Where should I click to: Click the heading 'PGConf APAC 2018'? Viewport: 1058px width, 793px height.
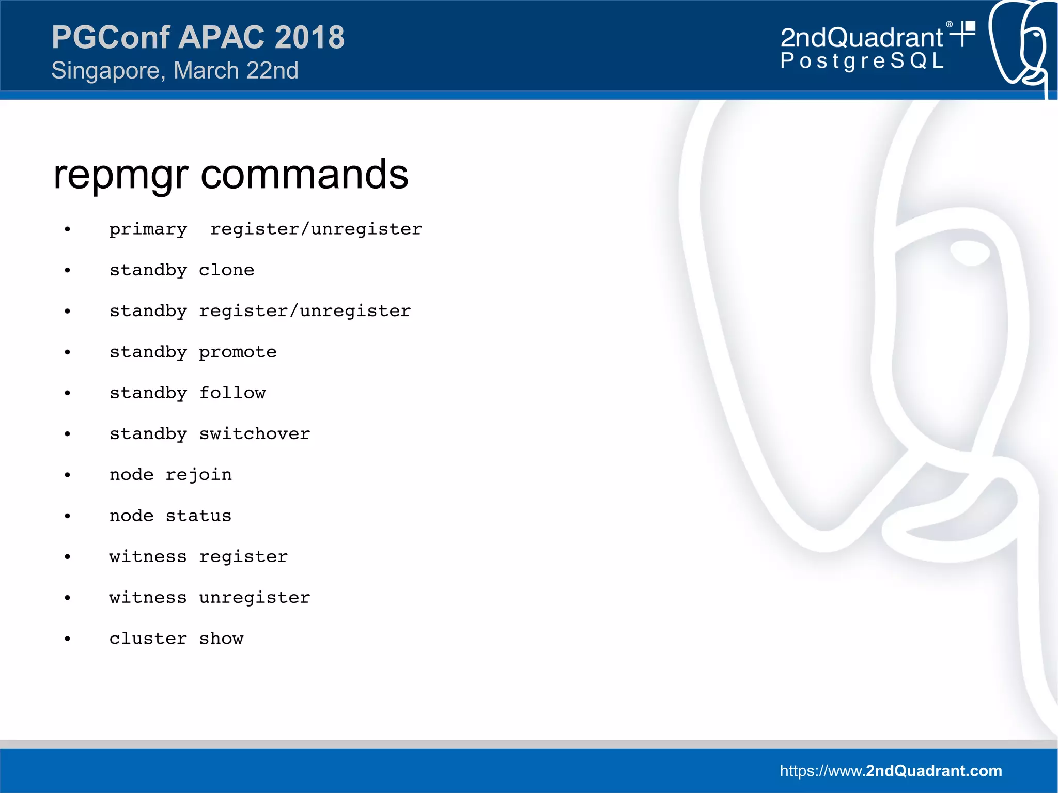point(198,37)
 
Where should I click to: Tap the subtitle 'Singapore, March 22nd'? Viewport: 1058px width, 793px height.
point(175,71)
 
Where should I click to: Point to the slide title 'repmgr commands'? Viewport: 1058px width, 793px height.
point(230,175)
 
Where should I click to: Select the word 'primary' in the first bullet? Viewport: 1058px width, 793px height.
point(148,229)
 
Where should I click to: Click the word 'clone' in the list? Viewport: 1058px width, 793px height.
point(226,270)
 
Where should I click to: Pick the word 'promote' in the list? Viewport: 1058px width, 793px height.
point(238,352)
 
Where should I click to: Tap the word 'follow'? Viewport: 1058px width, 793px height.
point(232,393)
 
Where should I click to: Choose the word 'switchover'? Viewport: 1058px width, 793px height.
point(254,434)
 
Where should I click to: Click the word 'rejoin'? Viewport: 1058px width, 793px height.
point(198,475)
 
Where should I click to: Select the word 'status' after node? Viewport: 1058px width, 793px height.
point(198,516)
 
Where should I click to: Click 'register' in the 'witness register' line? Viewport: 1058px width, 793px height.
point(243,557)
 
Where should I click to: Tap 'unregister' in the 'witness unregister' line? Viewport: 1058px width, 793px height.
point(254,598)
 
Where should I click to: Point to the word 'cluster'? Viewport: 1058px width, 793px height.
point(148,639)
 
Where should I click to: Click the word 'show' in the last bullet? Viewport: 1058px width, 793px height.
point(221,639)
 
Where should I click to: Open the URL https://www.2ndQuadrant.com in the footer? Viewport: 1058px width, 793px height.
point(891,771)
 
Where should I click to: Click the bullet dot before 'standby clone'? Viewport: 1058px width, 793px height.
point(67,271)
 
